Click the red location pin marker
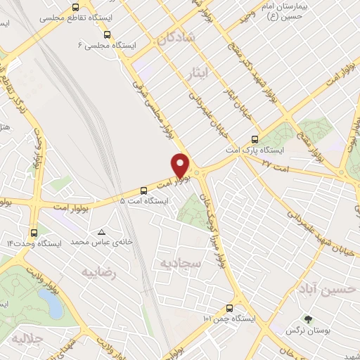tap(181, 165)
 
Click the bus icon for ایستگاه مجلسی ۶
tap(106, 34)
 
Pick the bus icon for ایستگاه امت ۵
tap(143, 190)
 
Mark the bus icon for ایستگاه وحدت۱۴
tap(34, 232)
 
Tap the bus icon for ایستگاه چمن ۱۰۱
tap(229, 307)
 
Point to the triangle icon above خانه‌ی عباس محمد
tap(103, 232)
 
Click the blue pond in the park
tap(49, 302)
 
